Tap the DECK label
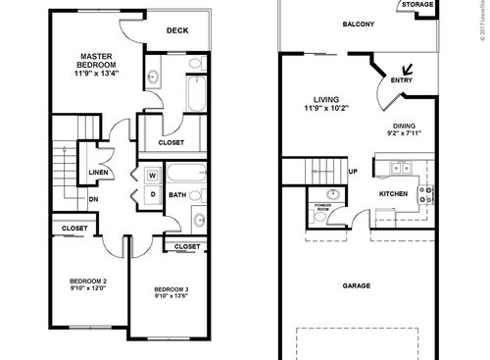pos(176,30)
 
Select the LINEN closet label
pos(98,173)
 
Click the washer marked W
pos(153,177)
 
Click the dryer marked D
pos(153,192)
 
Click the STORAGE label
pos(417,5)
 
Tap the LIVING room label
pos(326,99)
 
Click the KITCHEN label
pos(392,194)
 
